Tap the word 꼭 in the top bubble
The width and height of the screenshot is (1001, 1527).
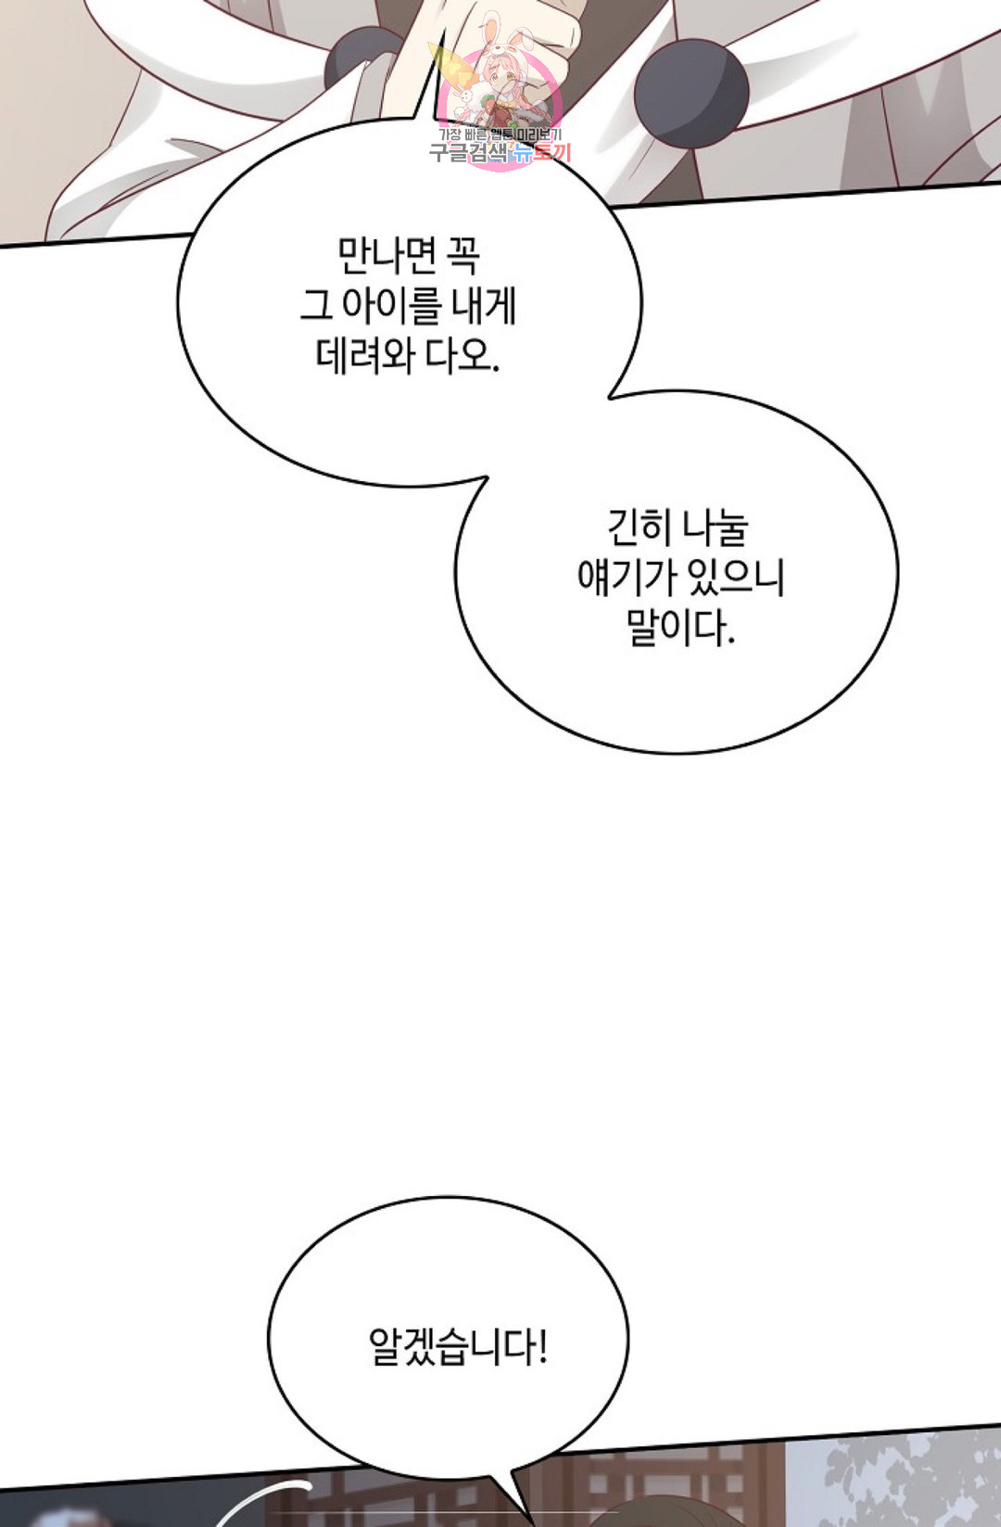[x=462, y=256]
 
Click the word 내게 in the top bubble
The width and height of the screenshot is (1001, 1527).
[x=485, y=306]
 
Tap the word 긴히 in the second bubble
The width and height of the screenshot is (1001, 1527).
[x=639, y=528]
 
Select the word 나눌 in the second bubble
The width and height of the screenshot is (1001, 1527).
[x=715, y=528]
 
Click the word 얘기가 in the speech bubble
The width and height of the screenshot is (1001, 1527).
[x=627, y=578]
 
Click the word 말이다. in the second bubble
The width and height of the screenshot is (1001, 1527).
[x=680, y=628]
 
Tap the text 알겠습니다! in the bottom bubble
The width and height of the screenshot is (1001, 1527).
[x=458, y=1346]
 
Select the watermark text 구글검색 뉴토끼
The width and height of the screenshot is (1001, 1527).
[x=500, y=152]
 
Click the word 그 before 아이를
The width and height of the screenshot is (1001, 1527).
[x=316, y=306]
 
